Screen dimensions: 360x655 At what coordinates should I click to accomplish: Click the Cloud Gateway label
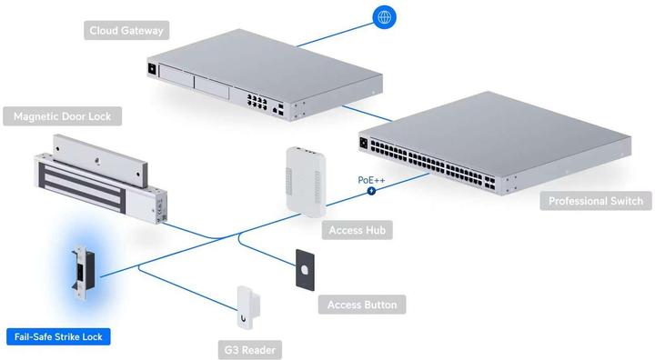click(x=126, y=31)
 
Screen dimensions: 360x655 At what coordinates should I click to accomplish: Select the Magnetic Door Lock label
click(x=67, y=116)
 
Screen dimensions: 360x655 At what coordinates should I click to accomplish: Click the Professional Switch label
click(x=596, y=201)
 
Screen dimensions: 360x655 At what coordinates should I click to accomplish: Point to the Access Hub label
click(x=355, y=231)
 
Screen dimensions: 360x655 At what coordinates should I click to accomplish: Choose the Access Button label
click(x=361, y=305)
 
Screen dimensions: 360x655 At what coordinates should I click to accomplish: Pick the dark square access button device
click(x=305, y=270)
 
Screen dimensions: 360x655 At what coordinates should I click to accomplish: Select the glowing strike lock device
click(x=79, y=273)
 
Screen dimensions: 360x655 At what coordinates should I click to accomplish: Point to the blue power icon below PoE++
click(x=370, y=191)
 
